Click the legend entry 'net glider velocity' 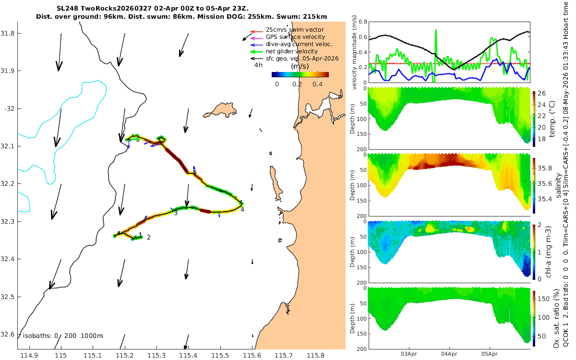(x=292, y=51)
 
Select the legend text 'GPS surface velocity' (x=295, y=37)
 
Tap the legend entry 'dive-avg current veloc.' (x=299, y=44)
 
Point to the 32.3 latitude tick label (x=7, y=221)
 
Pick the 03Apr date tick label (x=409, y=354)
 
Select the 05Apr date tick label (x=490, y=354)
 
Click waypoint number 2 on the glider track (x=149, y=237)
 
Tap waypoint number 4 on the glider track (x=242, y=210)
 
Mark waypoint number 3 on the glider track (x=176, y=213)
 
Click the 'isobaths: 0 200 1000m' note (x=63, y=336)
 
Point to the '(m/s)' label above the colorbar (x=300, y=66)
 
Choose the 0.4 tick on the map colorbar (x=318, y=84)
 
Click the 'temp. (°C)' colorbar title (x=552, y=119)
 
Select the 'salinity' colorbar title (x=559, y=186)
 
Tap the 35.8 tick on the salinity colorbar (x=545, y=168)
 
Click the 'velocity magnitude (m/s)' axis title (x=354, y=52)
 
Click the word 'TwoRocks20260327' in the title (x=116, y=9)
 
